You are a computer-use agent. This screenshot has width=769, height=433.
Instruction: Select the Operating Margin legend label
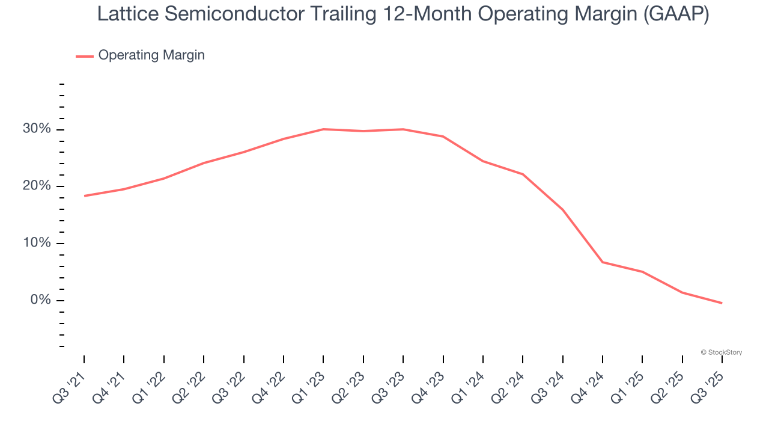tap(151, 55)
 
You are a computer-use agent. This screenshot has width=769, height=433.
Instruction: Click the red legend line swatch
tap(84, 56)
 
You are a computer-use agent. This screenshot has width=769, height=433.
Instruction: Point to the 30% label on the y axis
tap(37, 129)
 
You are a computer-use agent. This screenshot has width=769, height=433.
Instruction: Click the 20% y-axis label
tap(37, 186)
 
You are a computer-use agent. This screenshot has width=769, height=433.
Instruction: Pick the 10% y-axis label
tap(37, 243)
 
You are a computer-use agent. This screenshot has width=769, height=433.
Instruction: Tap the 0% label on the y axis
tap(41, 300)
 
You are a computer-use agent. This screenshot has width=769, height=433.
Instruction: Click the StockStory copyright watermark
tap(721, 352)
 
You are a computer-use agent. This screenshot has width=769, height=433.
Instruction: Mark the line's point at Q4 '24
tap(603, 262)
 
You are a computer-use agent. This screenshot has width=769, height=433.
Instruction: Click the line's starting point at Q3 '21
tap(84, 196)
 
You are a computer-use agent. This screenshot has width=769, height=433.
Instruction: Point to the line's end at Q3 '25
tap(722, 303)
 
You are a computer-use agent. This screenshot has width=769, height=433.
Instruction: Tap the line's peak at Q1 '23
tap(323, 129)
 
